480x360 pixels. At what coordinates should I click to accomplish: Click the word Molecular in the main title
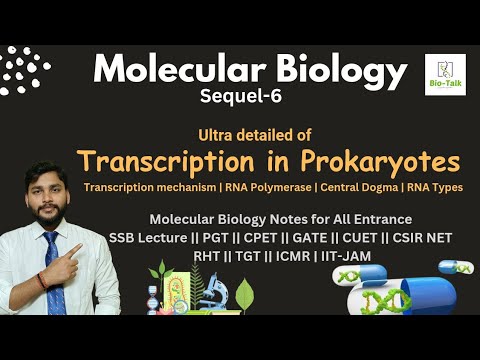(164, 70)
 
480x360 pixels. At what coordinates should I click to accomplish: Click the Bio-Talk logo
(444, 75)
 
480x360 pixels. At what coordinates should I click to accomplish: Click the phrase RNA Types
(439, 188)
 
